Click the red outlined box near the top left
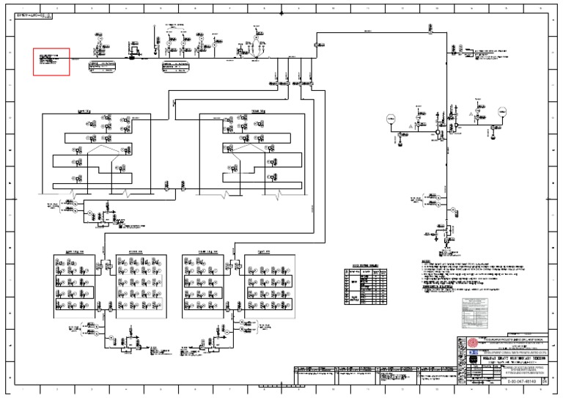tap(51, 62)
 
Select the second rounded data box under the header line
tap(183, 67)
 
